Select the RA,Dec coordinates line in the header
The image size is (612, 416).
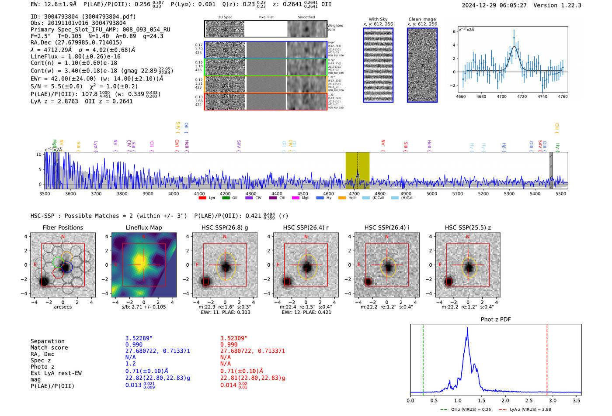76,42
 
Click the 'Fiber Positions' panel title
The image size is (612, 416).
63,227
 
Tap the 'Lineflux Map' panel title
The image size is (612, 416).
143,227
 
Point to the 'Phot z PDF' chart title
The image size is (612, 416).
496,319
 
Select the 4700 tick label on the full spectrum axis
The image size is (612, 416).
354,194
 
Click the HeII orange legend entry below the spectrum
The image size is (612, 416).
348,198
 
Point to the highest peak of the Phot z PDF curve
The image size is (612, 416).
467,328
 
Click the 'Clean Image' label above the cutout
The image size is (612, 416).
422,19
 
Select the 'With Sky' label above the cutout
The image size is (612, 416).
378,19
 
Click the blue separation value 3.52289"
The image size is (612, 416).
139,338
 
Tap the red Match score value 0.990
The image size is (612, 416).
229,344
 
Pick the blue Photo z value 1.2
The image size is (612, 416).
130,364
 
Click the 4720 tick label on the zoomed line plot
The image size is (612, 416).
522,96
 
